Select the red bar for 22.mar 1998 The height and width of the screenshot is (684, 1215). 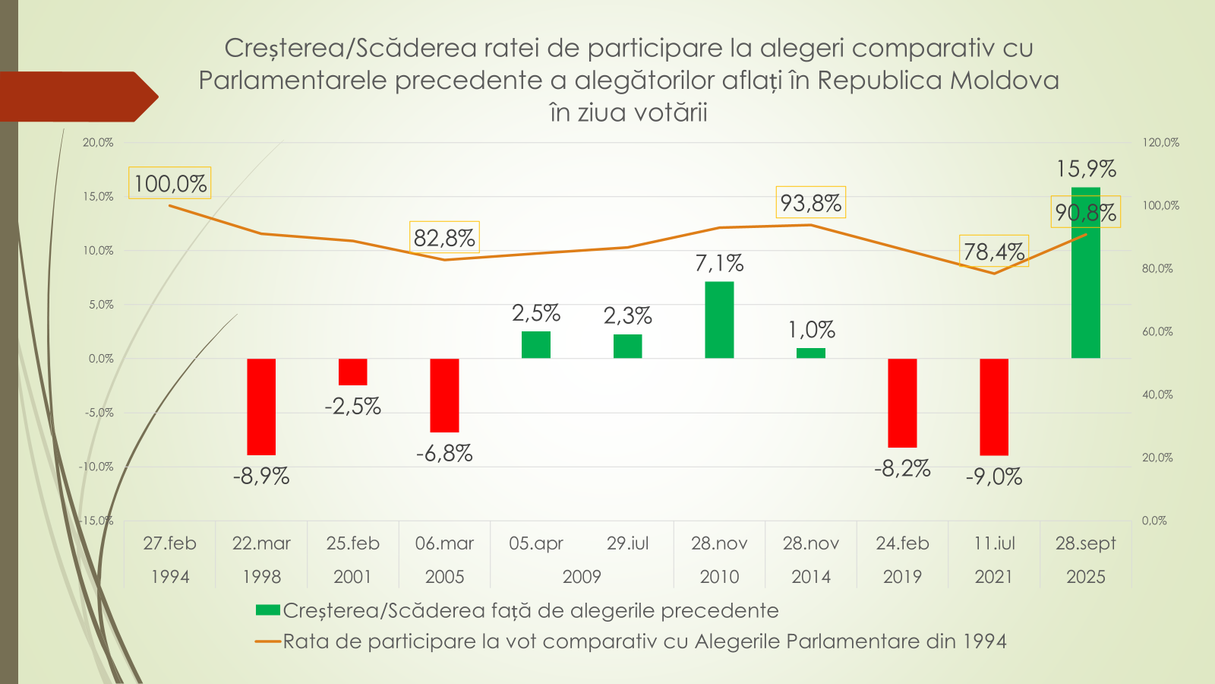[x=261, y=407]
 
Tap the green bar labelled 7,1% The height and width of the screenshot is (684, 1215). [x=719, y=320]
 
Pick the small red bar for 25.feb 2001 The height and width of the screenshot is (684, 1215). [x=353, y=372]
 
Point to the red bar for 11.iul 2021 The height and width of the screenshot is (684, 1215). [x=994, y=407]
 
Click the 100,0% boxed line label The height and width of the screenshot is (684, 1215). [x=170, y=183]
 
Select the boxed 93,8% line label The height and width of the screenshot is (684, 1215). [x=810, y=203]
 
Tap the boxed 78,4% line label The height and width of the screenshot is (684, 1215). [x=994, y=251]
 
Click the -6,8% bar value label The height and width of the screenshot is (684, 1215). [x=444, y=454]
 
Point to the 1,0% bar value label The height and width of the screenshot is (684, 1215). [x=811, y=330]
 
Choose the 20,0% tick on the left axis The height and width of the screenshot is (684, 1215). [x=98, y=143]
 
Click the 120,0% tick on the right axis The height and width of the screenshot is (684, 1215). [x=1160, y=143]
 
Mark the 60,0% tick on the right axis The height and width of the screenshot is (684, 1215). [x=1157, y=331]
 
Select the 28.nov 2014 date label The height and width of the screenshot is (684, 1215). [x=811, y=559]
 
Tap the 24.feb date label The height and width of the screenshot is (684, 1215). [x=902, y=543]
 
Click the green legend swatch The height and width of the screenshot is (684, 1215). [x=268, y=610]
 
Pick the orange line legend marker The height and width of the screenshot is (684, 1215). [x=268, y=641]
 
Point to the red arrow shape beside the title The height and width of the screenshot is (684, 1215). [x=76, y=97]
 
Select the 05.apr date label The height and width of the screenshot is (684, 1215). [x=536, y=543]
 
